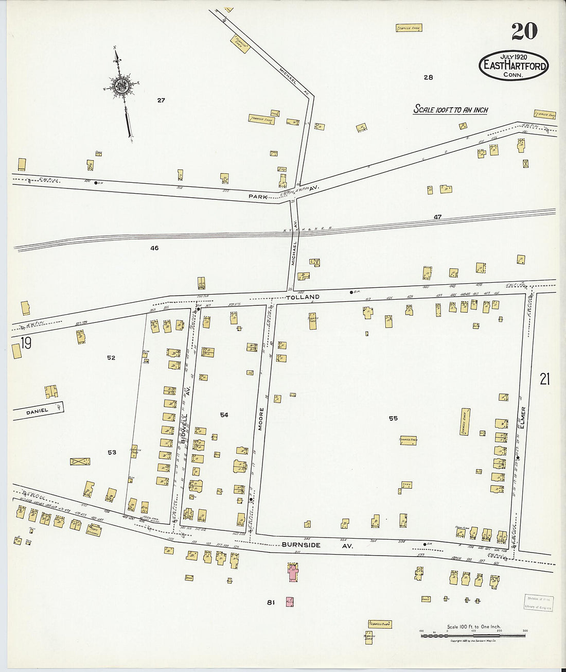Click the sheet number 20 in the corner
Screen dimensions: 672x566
pos(524,31)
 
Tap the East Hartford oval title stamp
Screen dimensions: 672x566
pos(514,66)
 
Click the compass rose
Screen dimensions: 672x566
pos(122,85)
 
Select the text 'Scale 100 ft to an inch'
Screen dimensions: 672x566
pos(451,110)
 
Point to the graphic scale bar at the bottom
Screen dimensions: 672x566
pos(473,635)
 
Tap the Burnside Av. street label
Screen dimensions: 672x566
pos(317,545)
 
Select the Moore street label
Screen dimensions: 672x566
pos(261,419)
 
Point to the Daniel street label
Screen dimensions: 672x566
pos(37,411)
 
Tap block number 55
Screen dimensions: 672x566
pos(393,419)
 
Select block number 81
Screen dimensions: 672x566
pos(271,602)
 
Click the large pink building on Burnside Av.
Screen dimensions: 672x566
pos(293,572)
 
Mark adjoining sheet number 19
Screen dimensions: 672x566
pos(26,343)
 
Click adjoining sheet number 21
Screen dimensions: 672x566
pos(544,380)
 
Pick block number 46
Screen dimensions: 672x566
pos(154,248)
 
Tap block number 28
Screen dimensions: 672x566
pos(428,78)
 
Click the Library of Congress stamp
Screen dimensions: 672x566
pos(539,603)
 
